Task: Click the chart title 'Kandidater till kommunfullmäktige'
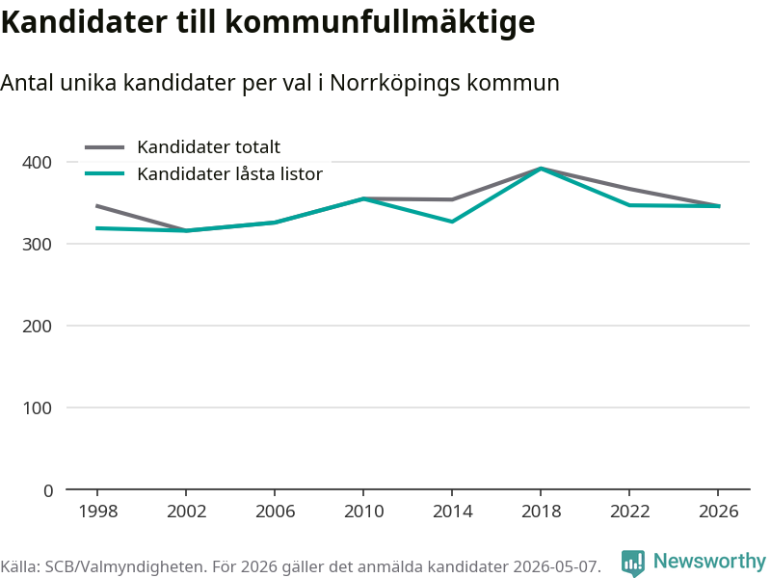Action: tap(268, 21)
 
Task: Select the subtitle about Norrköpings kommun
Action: tap(279, 83)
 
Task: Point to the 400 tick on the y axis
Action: tap(37, 162)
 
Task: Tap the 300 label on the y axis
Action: tap(37, 245)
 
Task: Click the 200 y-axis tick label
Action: tap(37, 326)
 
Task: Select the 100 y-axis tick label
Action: tap(37, 407)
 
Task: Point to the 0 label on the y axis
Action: tap(47, 490)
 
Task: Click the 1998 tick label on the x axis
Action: tap(98, 512)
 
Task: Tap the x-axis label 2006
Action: tap(275, 512)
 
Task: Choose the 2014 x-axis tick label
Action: tap(452, 512)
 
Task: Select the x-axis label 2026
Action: tap(718, 512)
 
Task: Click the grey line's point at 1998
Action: tap(97, 206)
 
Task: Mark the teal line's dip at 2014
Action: tap(452, 222)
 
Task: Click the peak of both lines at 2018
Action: tap(541, 169)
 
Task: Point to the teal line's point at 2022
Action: tap(629, 205)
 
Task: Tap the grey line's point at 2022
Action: tap(629, 189)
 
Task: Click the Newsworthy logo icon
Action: tap(633, 563)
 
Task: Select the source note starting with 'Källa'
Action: tap(301, 566)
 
